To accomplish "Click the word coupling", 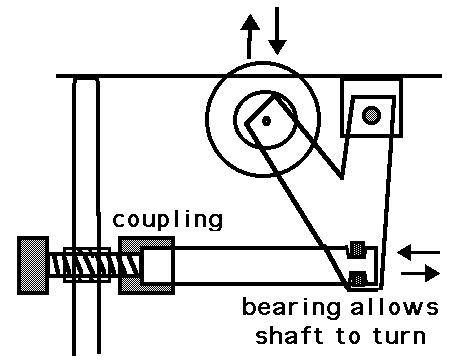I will pos(167,218).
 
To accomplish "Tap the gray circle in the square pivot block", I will pos(372,116).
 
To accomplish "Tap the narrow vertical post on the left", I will pos(88,160).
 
